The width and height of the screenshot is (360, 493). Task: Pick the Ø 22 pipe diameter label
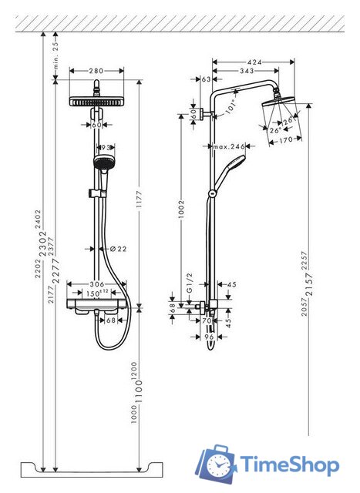point(118,248)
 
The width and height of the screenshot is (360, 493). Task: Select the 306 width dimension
point(97,284)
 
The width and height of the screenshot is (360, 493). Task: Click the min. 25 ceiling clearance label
point(56,52)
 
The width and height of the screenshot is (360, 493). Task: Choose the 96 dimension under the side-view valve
point(207,336)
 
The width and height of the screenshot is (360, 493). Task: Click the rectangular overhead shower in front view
point(97,102)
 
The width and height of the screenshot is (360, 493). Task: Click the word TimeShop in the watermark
point(289,464)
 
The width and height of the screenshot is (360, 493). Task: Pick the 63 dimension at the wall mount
point(206,79)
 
